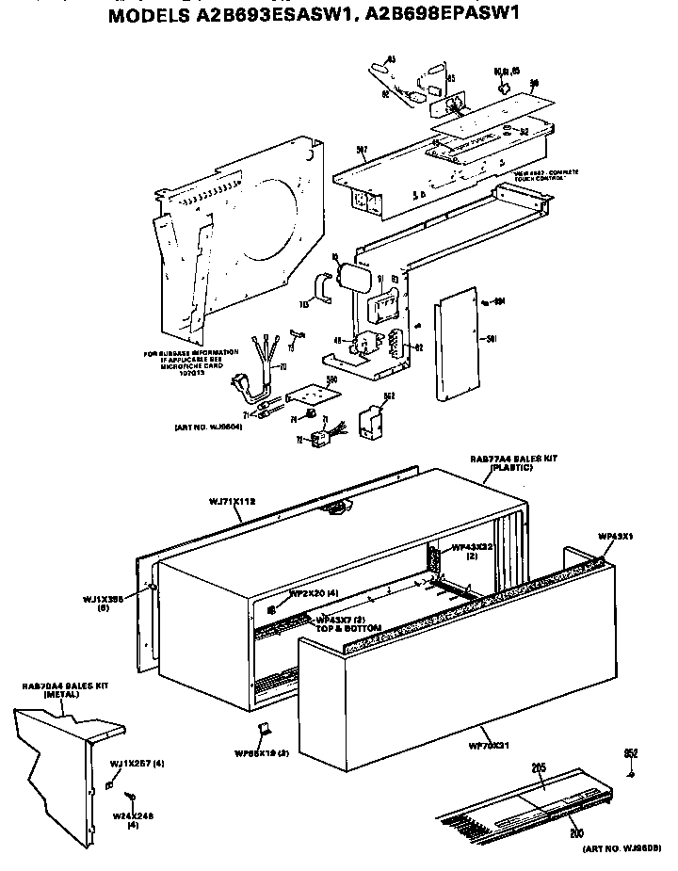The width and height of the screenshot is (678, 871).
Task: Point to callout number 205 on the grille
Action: tap(539, 768)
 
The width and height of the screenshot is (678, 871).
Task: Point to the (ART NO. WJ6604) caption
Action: tap(209, 427)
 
